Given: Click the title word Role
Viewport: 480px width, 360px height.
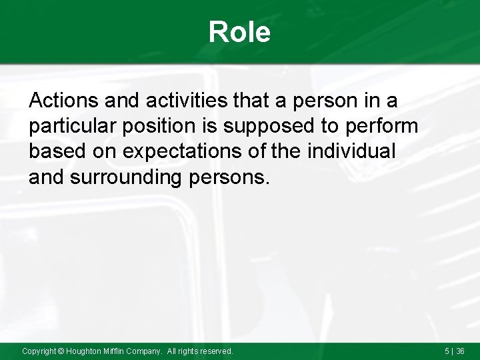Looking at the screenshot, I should pos(239,32).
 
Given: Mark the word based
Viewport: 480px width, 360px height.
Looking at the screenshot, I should pos(54,151).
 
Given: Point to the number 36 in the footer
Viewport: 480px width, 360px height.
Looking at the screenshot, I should pos(461,351).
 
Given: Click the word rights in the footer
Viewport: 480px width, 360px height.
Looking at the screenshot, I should pos(188,351).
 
